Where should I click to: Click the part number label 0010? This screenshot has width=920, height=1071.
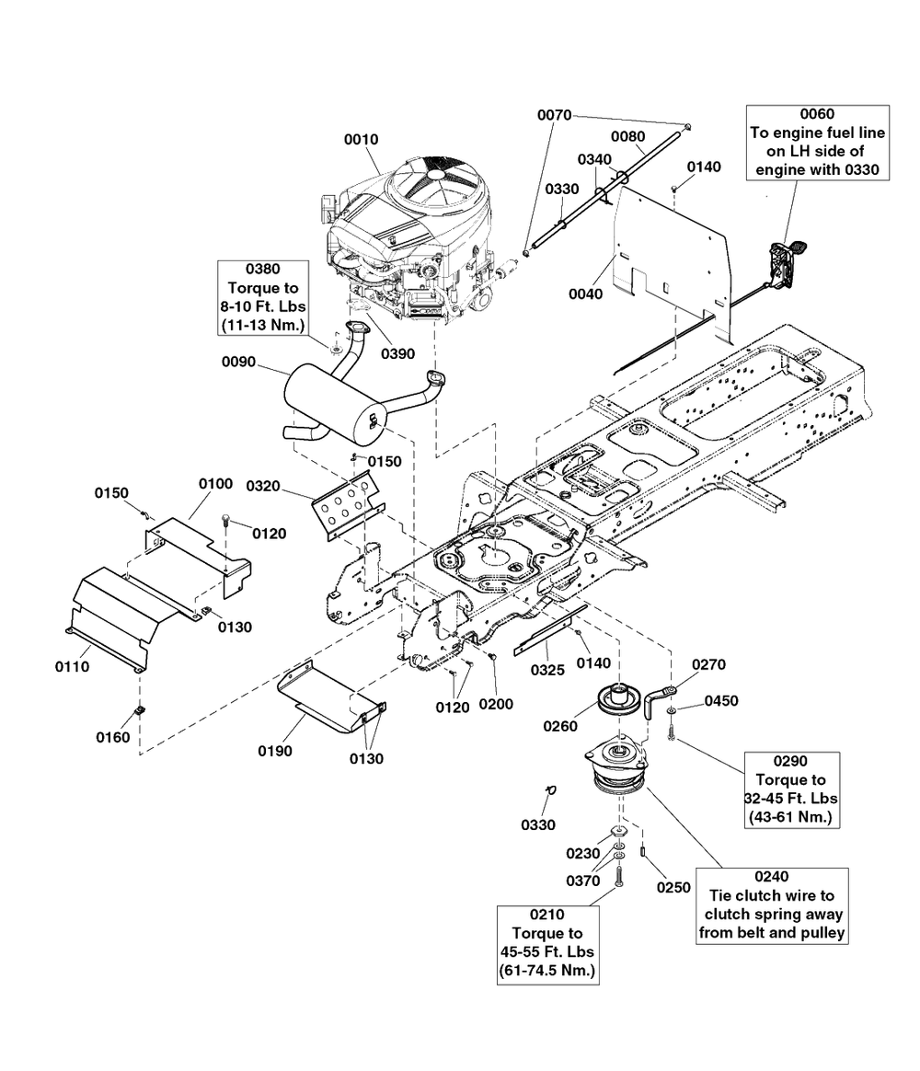pos(361,139)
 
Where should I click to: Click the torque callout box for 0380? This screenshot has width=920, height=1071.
pos(262,297)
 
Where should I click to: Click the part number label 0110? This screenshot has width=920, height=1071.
pos(71,666)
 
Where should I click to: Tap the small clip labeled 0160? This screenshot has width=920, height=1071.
pos(141,709)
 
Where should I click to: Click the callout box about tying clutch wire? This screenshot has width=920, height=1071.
pos(771,904)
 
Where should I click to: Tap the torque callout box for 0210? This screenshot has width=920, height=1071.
pos(547,943)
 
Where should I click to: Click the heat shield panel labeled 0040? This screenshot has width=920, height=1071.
pos(672,253)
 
